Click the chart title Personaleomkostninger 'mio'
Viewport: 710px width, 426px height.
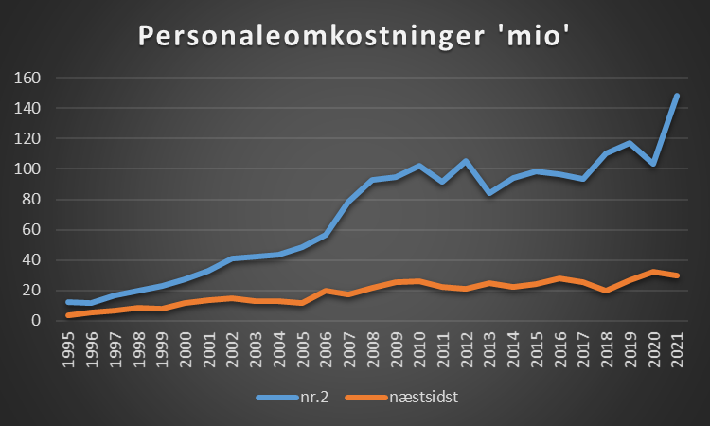[x=354, y=35]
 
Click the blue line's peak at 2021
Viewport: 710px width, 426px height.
[x=676, y=96]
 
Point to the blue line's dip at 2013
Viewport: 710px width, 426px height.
[x=489, y=193]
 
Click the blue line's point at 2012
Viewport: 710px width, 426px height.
[x=466, y=161]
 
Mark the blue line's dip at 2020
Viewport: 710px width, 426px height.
[x=653, y=164]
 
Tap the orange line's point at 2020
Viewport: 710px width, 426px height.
[x=653, y=272]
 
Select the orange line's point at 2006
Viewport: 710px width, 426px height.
[x=326, y=291]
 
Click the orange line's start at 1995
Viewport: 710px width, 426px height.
[x=68, y=314]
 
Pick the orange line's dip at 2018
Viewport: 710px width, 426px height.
[x=606, y=291]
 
